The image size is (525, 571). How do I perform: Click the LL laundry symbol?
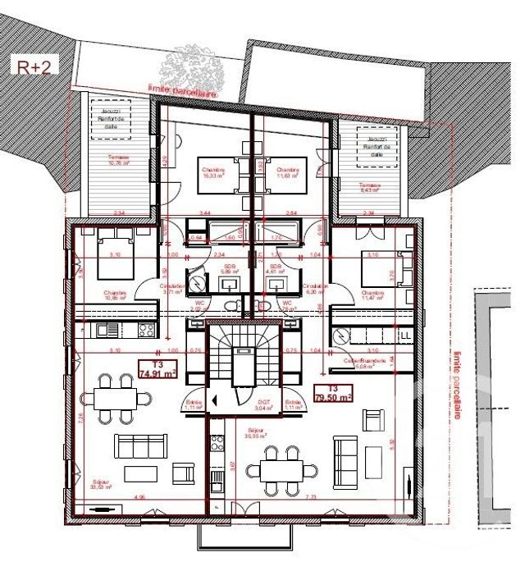tap(404, 336)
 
